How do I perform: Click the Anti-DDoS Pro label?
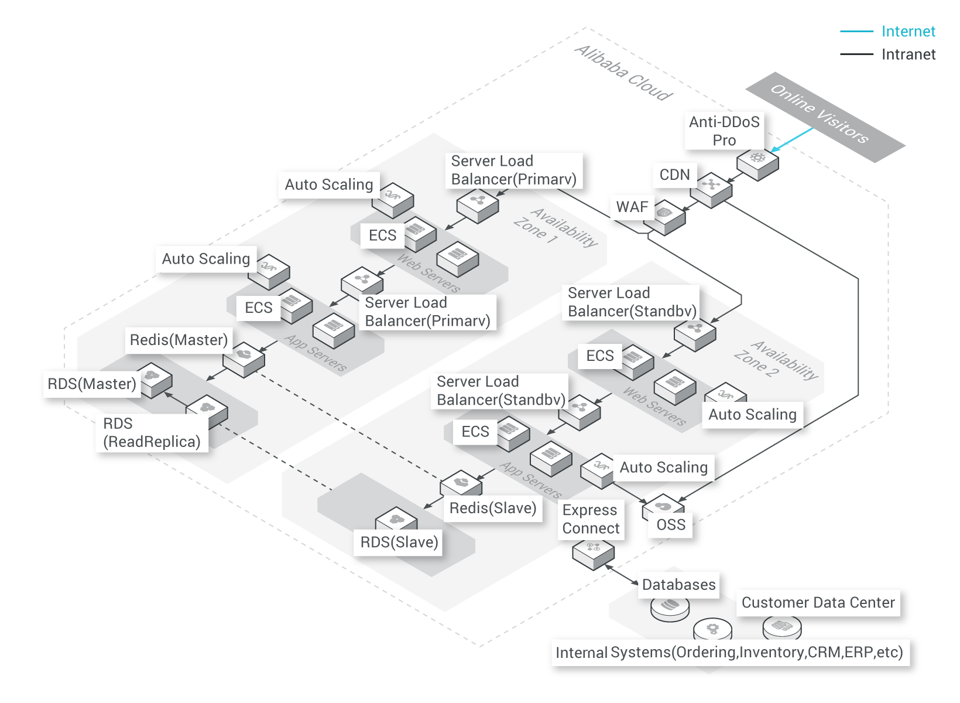[724, 131]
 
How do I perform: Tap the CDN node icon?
[711, 189]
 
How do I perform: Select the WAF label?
[632, 207]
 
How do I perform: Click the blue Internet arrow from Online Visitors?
[793, 140]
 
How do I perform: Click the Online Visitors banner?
[825, 117]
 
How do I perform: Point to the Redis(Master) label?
[179, 340]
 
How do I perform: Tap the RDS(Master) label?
[92, 384]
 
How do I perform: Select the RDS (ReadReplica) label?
[152, 433]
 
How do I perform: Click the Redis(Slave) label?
[493, 508]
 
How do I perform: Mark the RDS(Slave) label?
[399, 542]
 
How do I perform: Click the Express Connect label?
[591, 519]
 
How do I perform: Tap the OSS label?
[671, 525]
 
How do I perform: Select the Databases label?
[678, 585]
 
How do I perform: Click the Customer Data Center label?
[818, 603]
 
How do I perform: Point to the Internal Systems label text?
[729, 653]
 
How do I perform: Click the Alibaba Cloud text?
[623, 73]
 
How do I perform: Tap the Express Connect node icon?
[593, 553]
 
